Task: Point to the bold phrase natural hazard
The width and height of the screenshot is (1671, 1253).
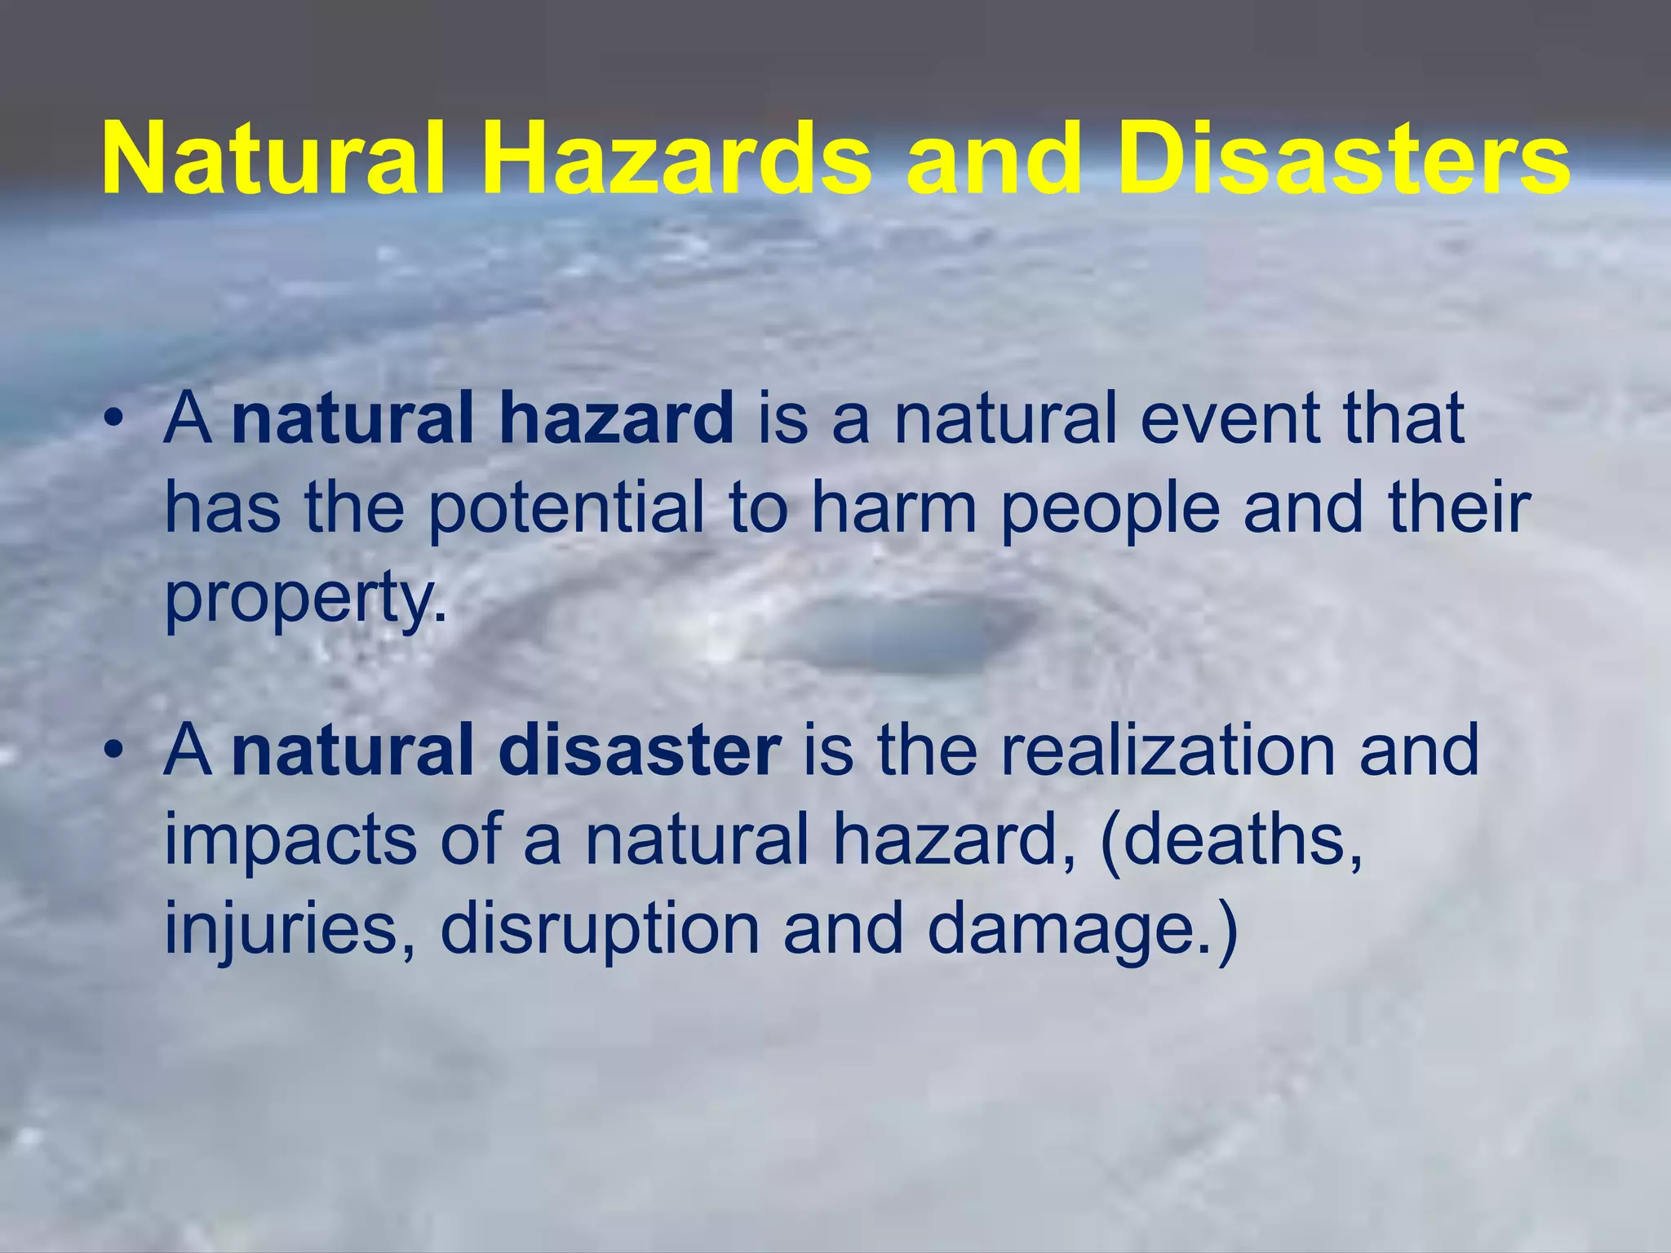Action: tap(482, 418)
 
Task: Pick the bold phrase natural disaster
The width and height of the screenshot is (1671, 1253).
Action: tap(506, 751)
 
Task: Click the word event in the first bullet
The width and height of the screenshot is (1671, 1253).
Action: tap(1232, 418)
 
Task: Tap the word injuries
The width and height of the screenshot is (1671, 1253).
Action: tap(290, 930)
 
